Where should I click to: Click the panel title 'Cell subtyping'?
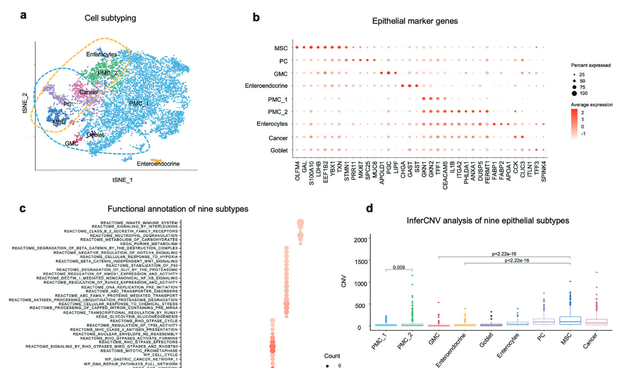[x=110, y=18]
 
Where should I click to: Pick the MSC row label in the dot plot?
[x=280, y=48]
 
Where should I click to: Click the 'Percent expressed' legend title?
[x=590, y=65]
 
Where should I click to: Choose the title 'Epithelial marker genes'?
[x=415, y=20]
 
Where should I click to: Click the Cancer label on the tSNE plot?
[x=88, y=92]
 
